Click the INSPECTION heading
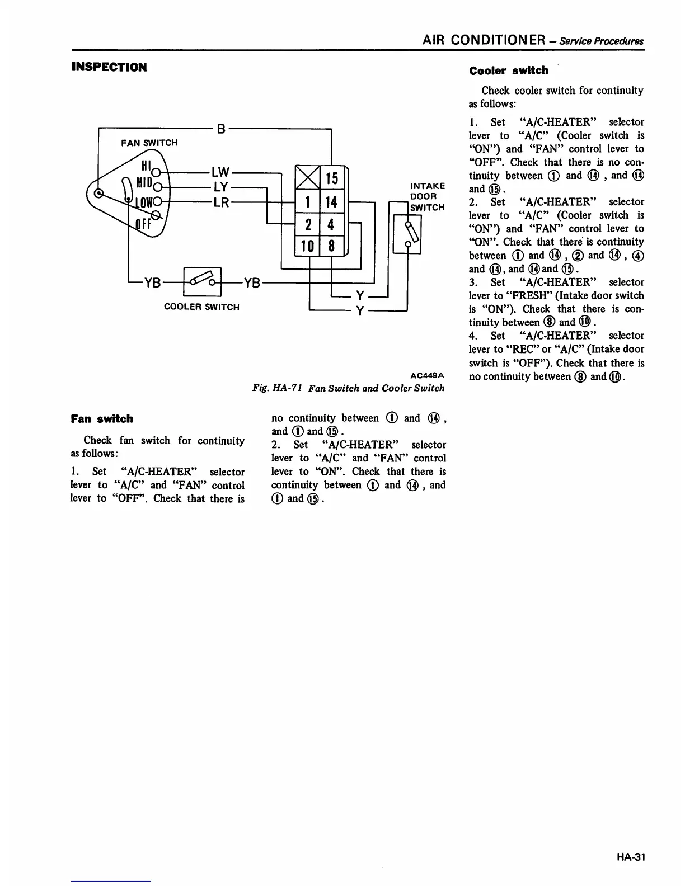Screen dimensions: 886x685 click(109, 67)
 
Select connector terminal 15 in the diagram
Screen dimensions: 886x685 click(332, 178)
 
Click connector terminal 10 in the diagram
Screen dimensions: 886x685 click(307, 246)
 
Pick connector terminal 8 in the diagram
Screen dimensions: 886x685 click(331, 246)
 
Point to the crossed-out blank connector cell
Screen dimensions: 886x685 click(307, 178)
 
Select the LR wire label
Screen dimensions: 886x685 click(221, 202)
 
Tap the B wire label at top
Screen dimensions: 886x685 click(221, 129)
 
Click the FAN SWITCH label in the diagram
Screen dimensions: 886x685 click(149, 143)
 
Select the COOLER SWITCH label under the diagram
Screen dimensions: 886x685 click(201, 307)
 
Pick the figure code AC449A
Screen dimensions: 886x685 click(428, 374)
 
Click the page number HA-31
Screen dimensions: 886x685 click(632, 857)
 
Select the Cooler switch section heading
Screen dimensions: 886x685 click(509, 70)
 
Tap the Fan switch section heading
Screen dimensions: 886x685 click(102, 419)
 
